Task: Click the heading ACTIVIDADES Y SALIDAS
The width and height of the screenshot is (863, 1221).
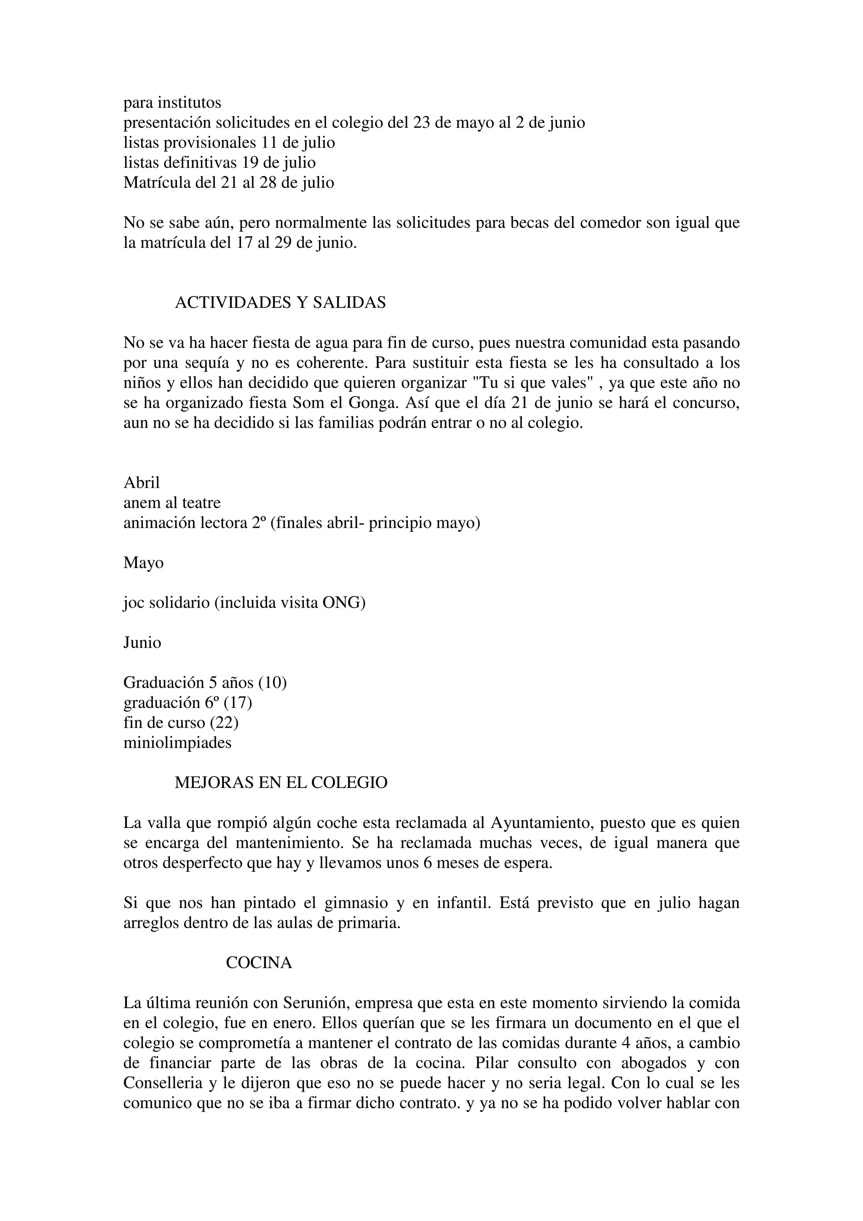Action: coord(280,303)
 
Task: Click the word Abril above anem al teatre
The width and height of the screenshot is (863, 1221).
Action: coord(142,483)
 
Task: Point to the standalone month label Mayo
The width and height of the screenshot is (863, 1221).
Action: coord(144,562)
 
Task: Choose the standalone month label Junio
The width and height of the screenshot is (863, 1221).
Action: coord(142,643)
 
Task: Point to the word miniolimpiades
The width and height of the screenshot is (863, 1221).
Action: coord(177,743)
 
